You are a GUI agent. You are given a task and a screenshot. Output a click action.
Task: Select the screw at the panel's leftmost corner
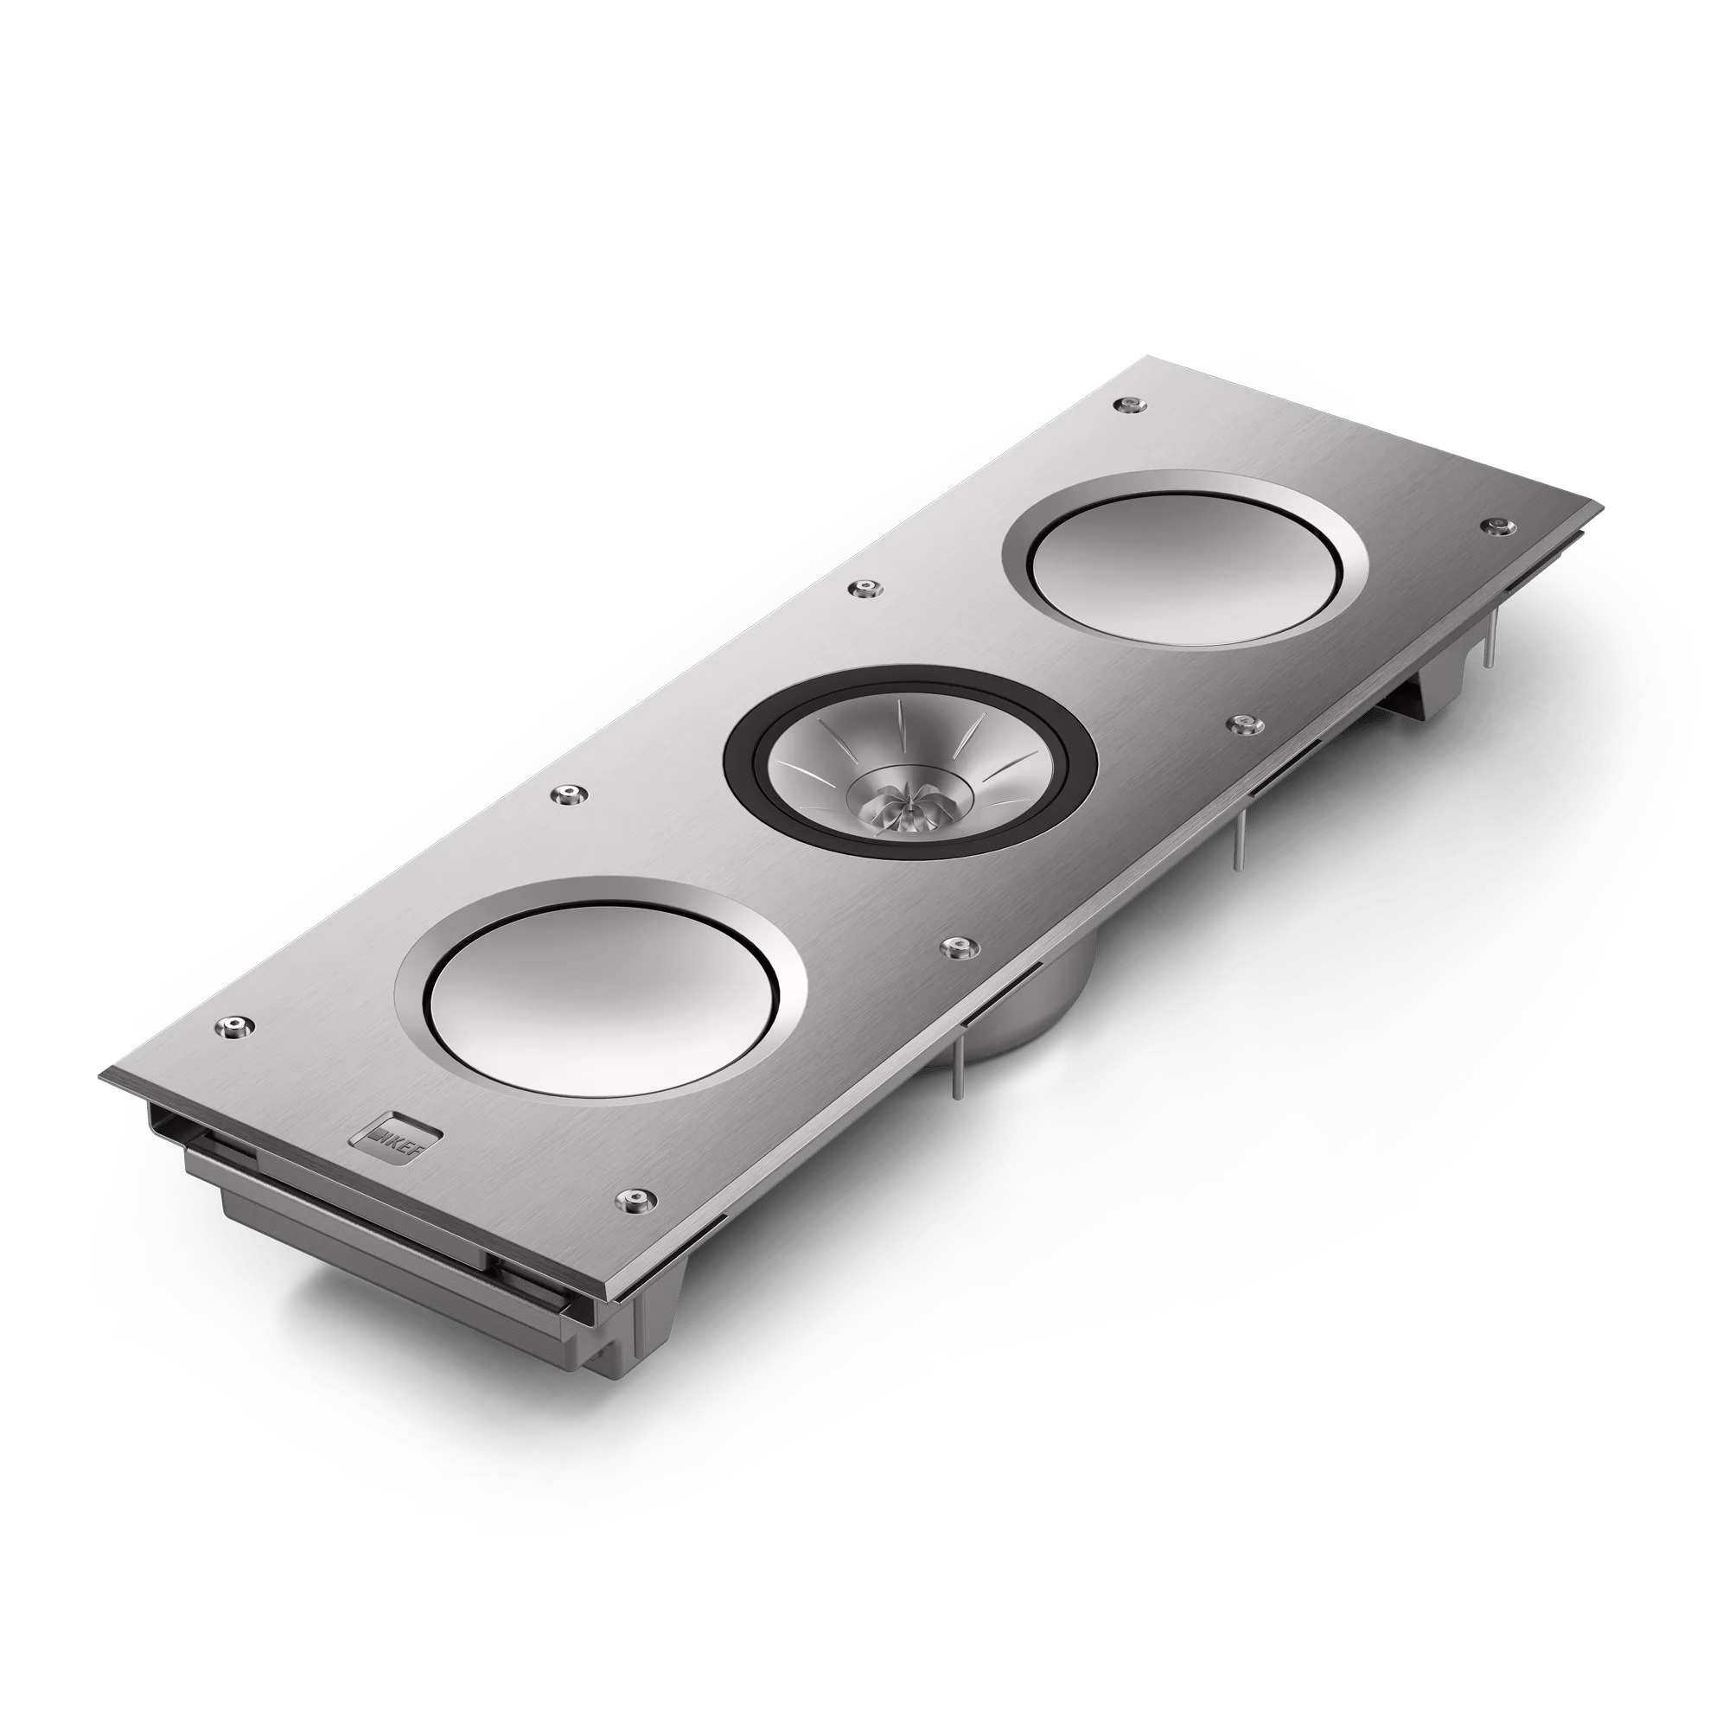click(x=235, y=1025)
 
